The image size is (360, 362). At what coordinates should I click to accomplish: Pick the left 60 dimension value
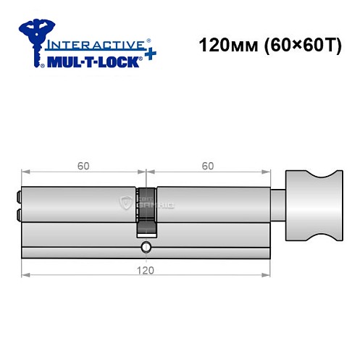[83, 166]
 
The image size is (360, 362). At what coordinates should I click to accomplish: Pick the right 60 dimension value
[208, 166]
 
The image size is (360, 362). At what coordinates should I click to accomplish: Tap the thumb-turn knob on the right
[312, 203]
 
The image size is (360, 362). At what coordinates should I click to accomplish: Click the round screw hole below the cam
[146, 248]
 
